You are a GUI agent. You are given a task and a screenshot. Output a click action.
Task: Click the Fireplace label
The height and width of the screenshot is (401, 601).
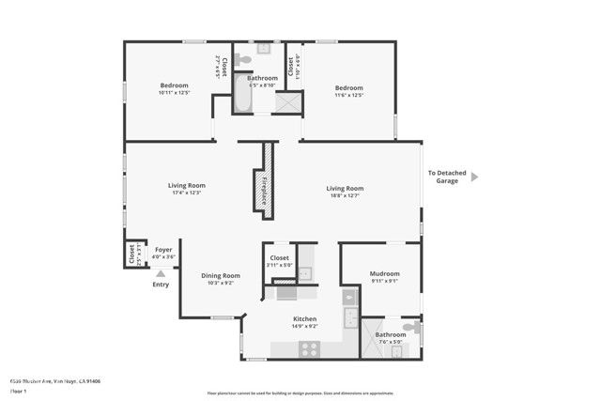click(x=265, y=191)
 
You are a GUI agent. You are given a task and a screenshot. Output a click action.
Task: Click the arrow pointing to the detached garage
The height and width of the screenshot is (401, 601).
click(x=475, y=176)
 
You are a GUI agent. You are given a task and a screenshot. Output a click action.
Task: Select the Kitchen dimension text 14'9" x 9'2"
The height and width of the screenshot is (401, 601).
click(x=304, y=326)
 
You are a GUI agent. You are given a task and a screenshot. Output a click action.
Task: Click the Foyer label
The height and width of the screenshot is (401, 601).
click(x=163, y=250)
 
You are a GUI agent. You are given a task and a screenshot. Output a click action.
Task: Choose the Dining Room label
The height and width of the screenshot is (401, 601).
click(x=221, y=275)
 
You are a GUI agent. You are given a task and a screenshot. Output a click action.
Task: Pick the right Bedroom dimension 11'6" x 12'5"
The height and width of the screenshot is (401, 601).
click(x=349, y=94)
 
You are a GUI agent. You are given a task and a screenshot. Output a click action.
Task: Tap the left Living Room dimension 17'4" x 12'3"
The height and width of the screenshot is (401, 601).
click(x=187, y=193)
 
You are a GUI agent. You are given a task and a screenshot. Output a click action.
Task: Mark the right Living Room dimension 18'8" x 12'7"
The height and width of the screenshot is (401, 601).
click(x=345, y=195)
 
